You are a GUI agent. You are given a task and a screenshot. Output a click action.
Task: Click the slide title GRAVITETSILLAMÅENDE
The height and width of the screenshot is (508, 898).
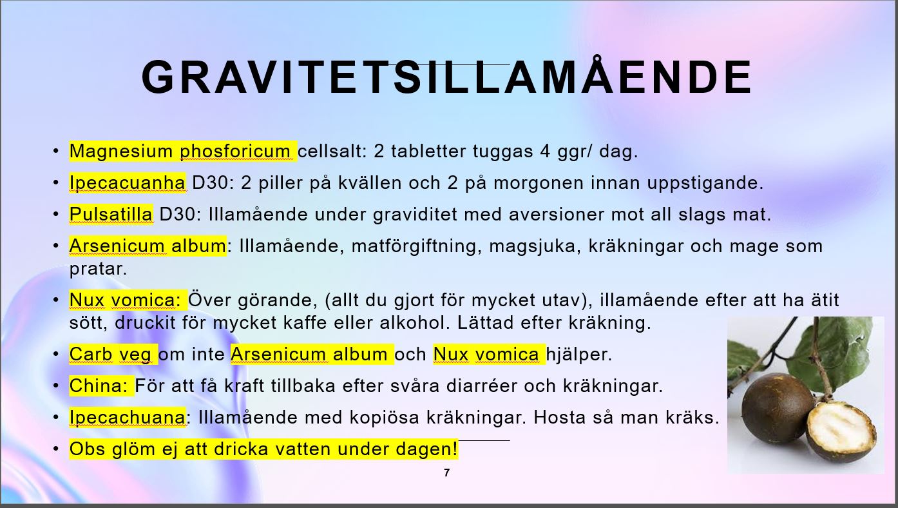point(446,77)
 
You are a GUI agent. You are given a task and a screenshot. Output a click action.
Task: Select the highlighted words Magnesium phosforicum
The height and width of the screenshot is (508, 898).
point(180,151)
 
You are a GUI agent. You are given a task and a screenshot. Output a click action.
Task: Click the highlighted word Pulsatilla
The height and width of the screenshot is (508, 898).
point(111,214)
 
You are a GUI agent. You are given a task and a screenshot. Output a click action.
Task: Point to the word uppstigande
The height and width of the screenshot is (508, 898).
point(705,183)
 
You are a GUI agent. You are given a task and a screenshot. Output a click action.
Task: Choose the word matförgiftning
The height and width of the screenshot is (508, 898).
point(417,246)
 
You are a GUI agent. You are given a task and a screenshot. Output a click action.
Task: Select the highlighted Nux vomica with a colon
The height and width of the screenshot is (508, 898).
point(125,300)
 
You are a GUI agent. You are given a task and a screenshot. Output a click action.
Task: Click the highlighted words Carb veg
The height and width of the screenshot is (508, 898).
point(110,355)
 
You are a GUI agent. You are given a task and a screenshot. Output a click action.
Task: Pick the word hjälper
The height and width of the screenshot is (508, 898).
point(579,355)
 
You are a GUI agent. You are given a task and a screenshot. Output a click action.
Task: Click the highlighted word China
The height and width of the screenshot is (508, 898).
point(98,386)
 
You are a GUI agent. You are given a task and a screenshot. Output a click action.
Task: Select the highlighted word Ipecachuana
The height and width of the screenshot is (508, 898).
point(127,418)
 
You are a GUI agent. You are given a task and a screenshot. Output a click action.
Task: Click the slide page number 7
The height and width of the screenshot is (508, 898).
point(447,473)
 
